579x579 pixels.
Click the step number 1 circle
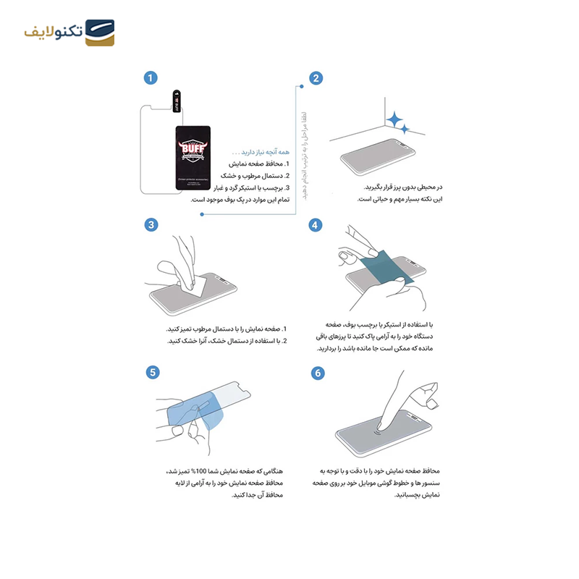click(x=151, y=78)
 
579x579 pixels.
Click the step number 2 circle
click(x=316, y=78)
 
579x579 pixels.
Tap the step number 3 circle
click(x=151, y=225)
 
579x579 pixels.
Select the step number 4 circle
click(x=316, y=225)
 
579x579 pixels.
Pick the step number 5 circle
click(x=152, y=372)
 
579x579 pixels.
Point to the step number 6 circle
click(x=317, y=373)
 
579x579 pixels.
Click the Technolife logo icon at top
click(x=100, y=33)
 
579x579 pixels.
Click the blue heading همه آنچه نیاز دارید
click(x=261, y=153)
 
